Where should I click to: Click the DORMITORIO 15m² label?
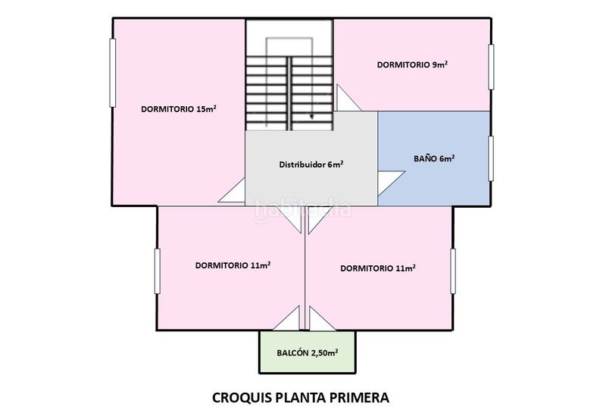[179, 108]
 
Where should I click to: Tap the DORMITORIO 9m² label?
[412, 64]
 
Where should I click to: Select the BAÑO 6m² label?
[434, 158]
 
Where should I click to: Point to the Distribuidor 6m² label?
[311, 165]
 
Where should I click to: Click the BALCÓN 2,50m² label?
[308, 353]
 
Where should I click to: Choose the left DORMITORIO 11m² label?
[233, 265]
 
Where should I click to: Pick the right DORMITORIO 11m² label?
[378, 268]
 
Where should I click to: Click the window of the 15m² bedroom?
[112, 72]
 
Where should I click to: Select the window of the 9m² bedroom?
[491, 67]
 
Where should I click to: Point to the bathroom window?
[491, 158]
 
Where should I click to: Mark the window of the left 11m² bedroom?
[158, 271]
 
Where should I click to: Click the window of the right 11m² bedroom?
[453, 271]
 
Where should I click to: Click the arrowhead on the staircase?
[312, 116]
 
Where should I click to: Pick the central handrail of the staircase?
[289, 93]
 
